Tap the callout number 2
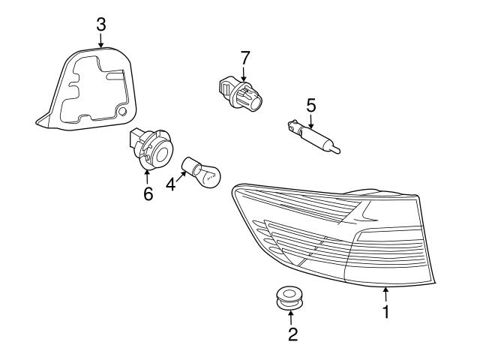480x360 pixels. pos(292,334)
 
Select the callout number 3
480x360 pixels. pos(101,24)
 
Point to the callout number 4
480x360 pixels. pos(171,183)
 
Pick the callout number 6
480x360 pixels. pos(148,194)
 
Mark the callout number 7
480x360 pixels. pos(244,58)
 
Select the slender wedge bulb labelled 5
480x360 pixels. pos(315,138)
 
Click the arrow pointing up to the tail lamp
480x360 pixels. pos(385,295)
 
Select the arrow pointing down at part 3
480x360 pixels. pos(101,40)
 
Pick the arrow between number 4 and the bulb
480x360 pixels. pos(180,176)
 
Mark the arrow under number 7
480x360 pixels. pos(244,73)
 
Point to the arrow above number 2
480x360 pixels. pos(291,315)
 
